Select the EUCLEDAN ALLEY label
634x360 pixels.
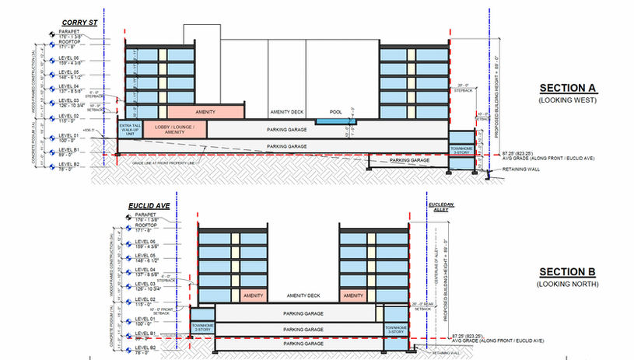pyautogui.click(x=440, y=208)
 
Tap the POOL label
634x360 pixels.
pyautogui.click(x=335, y=112)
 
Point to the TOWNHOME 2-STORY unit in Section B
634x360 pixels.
pyautogui.click(x=202, y=327)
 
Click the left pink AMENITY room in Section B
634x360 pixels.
pyautogui.click(x=254, y=296)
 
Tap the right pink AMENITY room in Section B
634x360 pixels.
pyautogui.click(x=354, y=296)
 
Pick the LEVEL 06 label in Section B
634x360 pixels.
pyautogui.click(x=145, y=241)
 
